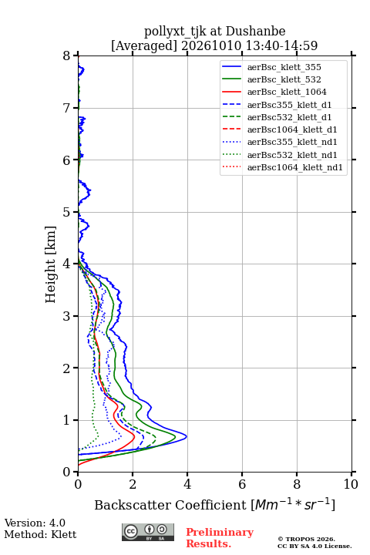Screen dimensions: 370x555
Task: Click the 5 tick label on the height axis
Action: (67, 212)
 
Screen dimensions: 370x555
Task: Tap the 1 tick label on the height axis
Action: (67, 420)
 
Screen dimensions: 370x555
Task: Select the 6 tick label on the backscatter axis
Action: (242, 484)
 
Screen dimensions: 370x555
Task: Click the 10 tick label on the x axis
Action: (351, 484)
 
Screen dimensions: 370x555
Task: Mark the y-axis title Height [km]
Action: (51, 264)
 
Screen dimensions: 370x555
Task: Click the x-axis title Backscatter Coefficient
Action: (170, 505)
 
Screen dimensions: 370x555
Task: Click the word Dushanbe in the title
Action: (256, 32)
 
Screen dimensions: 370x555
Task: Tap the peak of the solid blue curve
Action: (187, 437)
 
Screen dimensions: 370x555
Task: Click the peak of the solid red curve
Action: (135, 437)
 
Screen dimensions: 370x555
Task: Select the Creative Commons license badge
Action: (148, 533)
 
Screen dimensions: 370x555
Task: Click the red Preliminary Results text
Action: (220, 538)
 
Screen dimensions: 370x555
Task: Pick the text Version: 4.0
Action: (35, 523)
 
